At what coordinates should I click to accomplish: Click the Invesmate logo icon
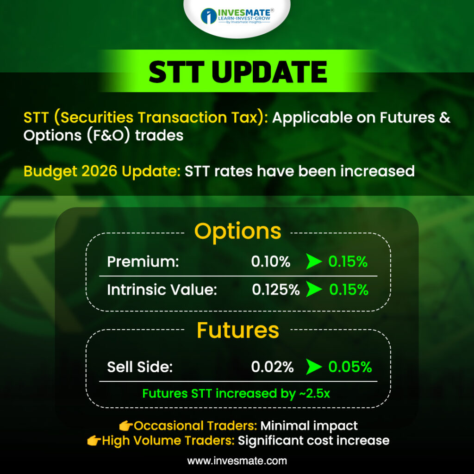coord(209,16)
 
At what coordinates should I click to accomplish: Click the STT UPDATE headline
coord(238,72)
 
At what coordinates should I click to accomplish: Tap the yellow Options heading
coord(237,232)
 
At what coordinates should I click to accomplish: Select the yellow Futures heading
coord(237,330)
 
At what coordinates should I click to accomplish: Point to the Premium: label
coord(143,262)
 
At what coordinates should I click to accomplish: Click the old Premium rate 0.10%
coord(270,262)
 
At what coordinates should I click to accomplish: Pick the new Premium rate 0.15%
coord(348,262)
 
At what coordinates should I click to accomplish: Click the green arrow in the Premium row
coord(314,262)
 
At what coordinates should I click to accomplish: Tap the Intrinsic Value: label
coord(162,290)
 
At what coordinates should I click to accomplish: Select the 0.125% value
coord(276,290)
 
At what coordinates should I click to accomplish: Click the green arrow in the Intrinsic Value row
coord(314,289)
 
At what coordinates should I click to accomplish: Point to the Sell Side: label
coord(140,367)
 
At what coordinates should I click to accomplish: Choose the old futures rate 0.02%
coord(272,367)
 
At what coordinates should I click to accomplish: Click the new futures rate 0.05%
coord(350,367)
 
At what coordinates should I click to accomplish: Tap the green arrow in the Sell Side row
coord(314,367)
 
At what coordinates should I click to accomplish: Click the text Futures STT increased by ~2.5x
coord(236,393)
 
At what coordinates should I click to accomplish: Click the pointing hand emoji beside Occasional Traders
coord(126,426)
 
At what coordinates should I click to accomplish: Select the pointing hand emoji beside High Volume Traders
coord(94,441)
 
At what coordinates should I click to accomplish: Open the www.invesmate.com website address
coord(237,461)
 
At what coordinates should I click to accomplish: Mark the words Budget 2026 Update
coord(102,171)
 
